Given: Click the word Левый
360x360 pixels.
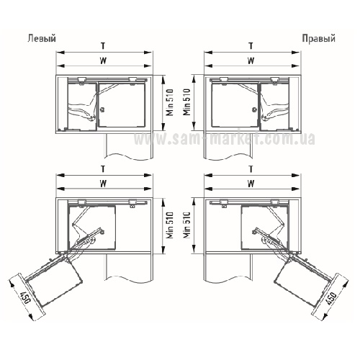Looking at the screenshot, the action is [42, 38].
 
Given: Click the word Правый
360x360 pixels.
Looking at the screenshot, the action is [318, 38].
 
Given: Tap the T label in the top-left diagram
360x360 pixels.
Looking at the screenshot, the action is [103, 45].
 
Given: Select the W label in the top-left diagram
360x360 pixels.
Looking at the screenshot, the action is [103, 60].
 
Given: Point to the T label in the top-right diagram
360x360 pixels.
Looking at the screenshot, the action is [251, 45].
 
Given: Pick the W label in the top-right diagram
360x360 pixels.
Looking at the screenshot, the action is [251, 60].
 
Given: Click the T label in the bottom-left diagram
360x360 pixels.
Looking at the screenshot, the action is [103, 169].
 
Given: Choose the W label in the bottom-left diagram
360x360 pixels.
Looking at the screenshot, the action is [103, 184].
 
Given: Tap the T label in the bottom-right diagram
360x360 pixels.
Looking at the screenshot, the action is [251, 169].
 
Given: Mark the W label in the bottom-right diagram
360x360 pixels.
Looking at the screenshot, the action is [251, 184].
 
